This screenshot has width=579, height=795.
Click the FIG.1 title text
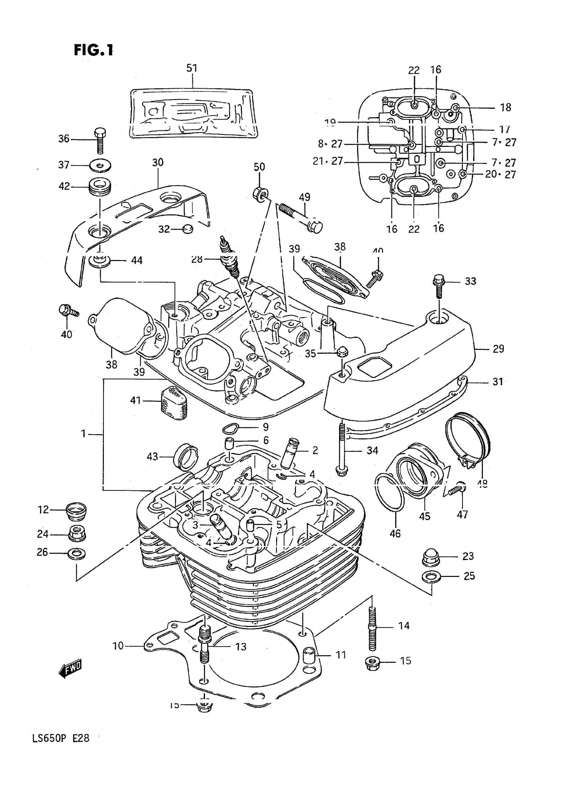(x=94, y=50)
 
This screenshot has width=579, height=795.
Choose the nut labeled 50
(x=260, y=194)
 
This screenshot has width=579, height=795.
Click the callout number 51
(x=192, y=68)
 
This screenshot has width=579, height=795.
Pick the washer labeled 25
(x=431, y=577)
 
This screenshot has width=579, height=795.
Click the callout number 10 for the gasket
(x=118, y=646)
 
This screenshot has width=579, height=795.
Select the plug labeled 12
(x=76, y=511)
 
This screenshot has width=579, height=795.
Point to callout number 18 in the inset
(x=505, y=107)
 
